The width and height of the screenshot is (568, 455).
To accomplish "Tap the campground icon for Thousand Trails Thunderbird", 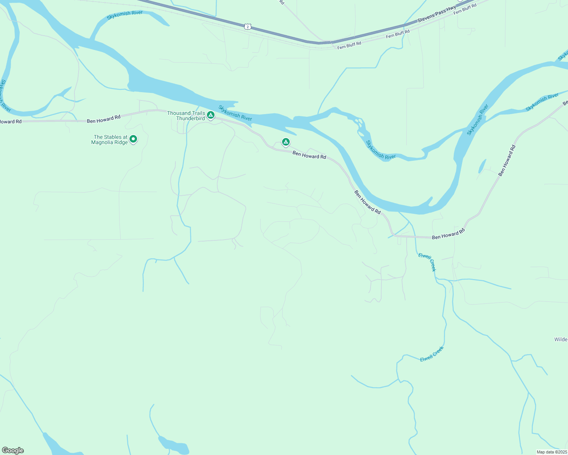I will tap(211, 115).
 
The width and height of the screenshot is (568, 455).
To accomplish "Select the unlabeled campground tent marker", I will tap(286, 142).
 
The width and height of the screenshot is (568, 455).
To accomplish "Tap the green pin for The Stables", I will tap(133, 139).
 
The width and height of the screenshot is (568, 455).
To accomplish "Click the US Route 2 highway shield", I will tap(248, 26).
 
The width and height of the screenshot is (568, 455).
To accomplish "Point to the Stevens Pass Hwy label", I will tap(437, 15).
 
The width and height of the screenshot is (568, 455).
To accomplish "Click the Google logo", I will tap(13, 450).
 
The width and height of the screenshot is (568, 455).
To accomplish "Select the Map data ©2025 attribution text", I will tap(551, 452).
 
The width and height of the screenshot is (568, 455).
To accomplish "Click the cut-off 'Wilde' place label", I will tap(561, 339).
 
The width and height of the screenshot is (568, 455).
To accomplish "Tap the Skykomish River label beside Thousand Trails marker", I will tap(235, 113).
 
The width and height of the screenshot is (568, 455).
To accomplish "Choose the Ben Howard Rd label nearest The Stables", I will tap(104, 119).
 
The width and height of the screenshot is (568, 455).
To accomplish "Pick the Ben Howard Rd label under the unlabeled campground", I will tap(309, 155).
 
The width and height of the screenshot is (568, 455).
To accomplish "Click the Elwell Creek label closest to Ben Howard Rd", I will tap(427, 262).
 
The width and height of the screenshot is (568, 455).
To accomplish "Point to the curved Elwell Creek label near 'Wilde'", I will tap(432, 354).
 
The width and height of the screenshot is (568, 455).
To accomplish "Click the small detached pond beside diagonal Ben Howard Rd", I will tap(482, 166).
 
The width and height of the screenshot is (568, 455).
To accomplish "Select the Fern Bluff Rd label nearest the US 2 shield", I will tap(349, 45).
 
